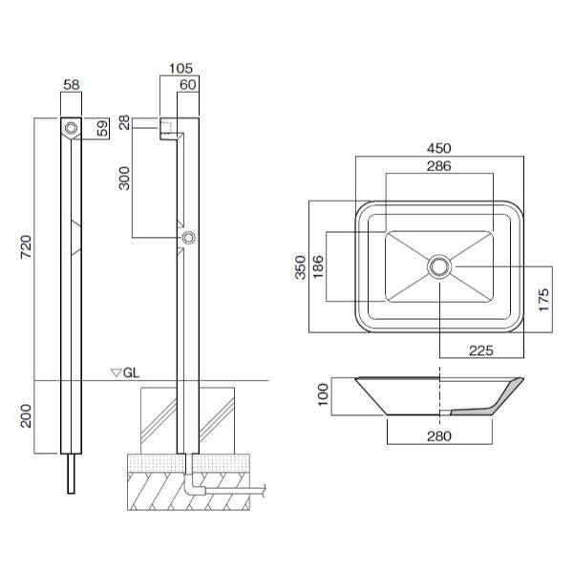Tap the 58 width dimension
pyautogui.click(x=72, y=84)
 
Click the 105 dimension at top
pyautogui.click(x=180, y=69)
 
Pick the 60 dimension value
pyautogui.click(x=188, y=84)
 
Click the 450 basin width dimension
pyautogui.click(x=439, y=148)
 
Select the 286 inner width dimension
pyautogui.click(x=439, y=165)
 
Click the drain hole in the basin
pyautogui.click(x=439, y=266)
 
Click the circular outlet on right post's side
pyautogui.click(x=189, y=238)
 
